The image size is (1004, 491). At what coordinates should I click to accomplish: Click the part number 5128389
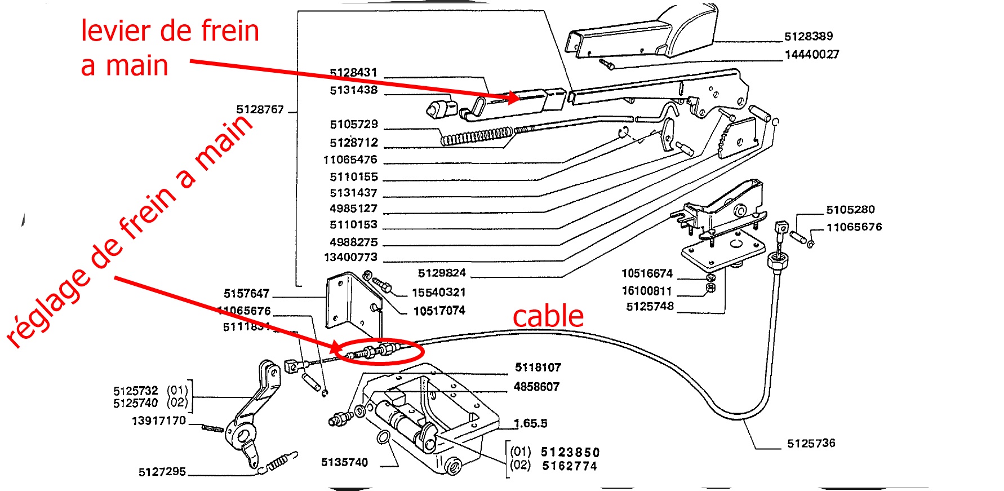(x=808, y=37)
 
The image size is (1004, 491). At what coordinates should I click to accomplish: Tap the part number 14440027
(x=812, y=55)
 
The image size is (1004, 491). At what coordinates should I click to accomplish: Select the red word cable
(x=548, y=316)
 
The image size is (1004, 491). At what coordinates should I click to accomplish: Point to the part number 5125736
(x=811, y=444)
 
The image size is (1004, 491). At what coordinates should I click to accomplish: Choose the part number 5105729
(x=354, y=125)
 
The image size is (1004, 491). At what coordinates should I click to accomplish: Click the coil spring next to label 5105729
(x=476, y=136)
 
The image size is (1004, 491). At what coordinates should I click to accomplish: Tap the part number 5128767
(x=260, y=109)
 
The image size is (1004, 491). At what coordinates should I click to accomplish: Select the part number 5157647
(x=246, y=294)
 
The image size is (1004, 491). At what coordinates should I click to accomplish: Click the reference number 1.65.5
(x=530, y=423)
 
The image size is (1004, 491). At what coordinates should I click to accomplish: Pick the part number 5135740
(x=344, y=463)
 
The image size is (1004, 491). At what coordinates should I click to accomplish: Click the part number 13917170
(x=158, y=421)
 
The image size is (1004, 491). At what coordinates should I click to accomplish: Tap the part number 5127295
(x=162, y=472)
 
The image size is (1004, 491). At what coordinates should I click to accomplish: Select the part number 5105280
(x=850, y=210)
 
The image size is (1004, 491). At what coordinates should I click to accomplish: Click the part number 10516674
(x=647, y=274)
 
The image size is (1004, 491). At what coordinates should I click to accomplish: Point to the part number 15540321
(x=438, y=293)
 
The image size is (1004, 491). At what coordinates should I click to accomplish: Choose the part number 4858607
(x=536, y=387)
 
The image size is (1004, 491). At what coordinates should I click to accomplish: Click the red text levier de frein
(x=170, y=31)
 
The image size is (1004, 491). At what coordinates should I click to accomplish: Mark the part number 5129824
(x=442, y=273)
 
